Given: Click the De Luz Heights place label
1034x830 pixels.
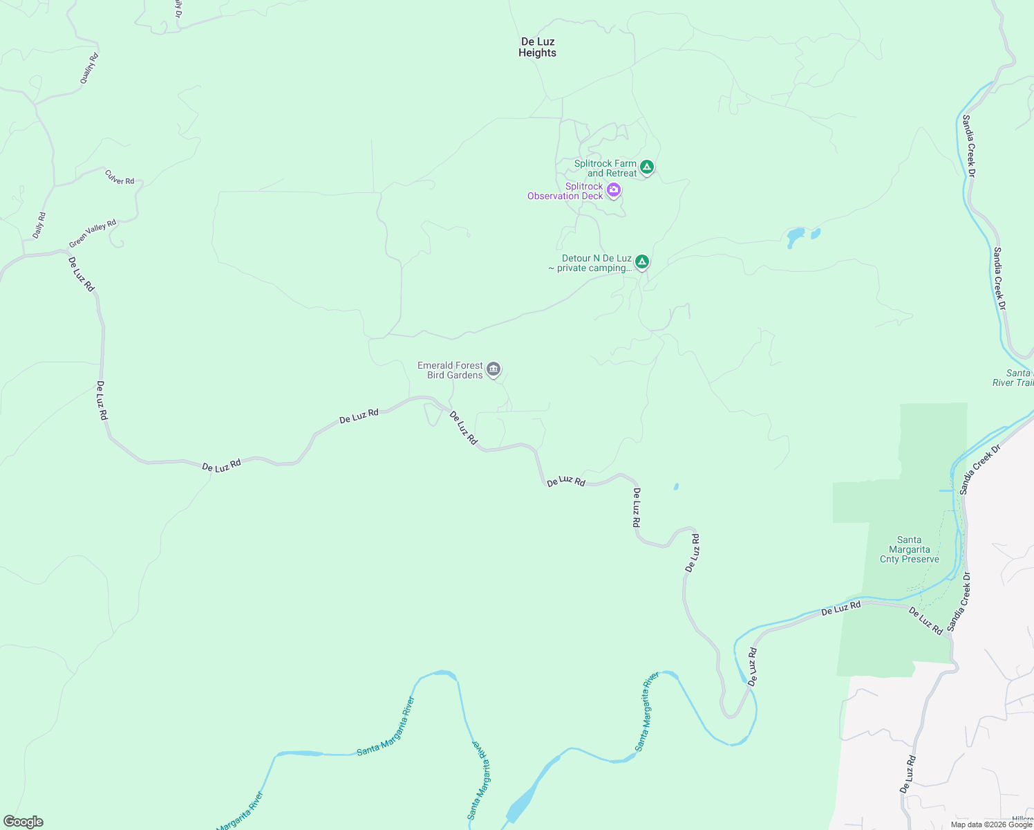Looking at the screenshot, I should [x=537, y=47].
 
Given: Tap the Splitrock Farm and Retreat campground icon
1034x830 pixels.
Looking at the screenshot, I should [x=646, y=167].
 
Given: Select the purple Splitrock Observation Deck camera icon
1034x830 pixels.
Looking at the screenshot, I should [x=613, y=190].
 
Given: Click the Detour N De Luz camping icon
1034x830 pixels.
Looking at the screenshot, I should [x=641, y=261].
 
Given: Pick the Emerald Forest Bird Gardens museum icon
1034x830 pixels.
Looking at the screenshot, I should [x=493, y=369].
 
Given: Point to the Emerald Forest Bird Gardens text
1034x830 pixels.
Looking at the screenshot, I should [x=450, y=370].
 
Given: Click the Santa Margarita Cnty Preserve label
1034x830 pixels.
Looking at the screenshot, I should [x=909, y=550].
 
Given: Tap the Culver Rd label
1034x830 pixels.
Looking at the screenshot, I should [x=120, y=177].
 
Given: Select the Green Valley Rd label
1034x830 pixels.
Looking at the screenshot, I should [x=93, y=234].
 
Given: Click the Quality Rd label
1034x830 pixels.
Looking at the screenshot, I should [x=90, y=68].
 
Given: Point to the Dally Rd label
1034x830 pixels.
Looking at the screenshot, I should [x=39, y=225].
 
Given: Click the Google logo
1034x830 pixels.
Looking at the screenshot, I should [x=23, y=822].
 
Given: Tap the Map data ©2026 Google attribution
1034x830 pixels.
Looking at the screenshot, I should [x=991, y=824].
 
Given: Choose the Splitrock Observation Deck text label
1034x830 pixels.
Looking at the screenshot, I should [x=565, y=191].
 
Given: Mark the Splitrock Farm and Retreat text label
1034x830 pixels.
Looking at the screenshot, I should [x=605, y=168].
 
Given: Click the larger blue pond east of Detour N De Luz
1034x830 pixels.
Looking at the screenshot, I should [x=796, y=237].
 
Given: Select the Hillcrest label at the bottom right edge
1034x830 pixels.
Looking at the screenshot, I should [x=1023, y=820].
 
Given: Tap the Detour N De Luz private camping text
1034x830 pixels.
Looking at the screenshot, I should [x=590, y=263].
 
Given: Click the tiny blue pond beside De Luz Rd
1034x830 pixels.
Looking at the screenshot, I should [x=675, y=487].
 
